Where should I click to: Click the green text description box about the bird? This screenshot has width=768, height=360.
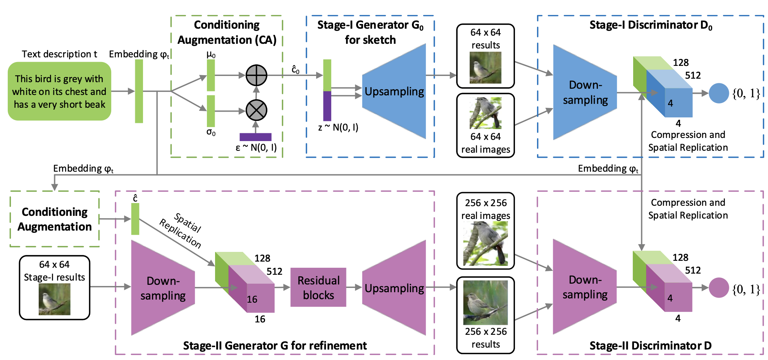(59, 91)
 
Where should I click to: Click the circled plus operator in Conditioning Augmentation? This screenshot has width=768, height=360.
(257, 75)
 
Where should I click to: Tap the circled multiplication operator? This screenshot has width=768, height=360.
(257, 110)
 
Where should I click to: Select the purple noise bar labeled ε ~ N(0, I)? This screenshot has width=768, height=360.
(255, 137)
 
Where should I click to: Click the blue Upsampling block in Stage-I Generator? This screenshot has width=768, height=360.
(394, 91)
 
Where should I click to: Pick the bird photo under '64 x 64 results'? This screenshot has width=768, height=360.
(486, 68)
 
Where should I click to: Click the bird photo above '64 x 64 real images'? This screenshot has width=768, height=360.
(486, 113)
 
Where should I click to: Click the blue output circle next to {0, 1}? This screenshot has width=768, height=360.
(719, 93)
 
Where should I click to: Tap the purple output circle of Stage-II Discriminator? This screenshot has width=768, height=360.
(719, 288)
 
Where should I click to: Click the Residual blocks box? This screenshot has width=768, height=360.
(318, 288)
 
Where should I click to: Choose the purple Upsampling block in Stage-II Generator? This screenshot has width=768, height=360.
(394, 288)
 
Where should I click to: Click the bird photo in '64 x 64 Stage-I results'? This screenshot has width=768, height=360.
(55, 299)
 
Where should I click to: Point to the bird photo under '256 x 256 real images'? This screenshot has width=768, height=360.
(486, 243)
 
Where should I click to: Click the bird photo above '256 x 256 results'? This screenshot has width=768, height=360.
(486, 303)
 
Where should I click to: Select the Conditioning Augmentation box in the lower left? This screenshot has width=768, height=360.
(55, 219)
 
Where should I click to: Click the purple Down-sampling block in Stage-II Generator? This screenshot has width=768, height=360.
(163, 288)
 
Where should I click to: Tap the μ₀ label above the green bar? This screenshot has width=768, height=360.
(211, 55)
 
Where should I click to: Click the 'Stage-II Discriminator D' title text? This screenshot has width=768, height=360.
(650, 346)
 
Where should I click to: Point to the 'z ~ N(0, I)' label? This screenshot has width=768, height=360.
(338, 127)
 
